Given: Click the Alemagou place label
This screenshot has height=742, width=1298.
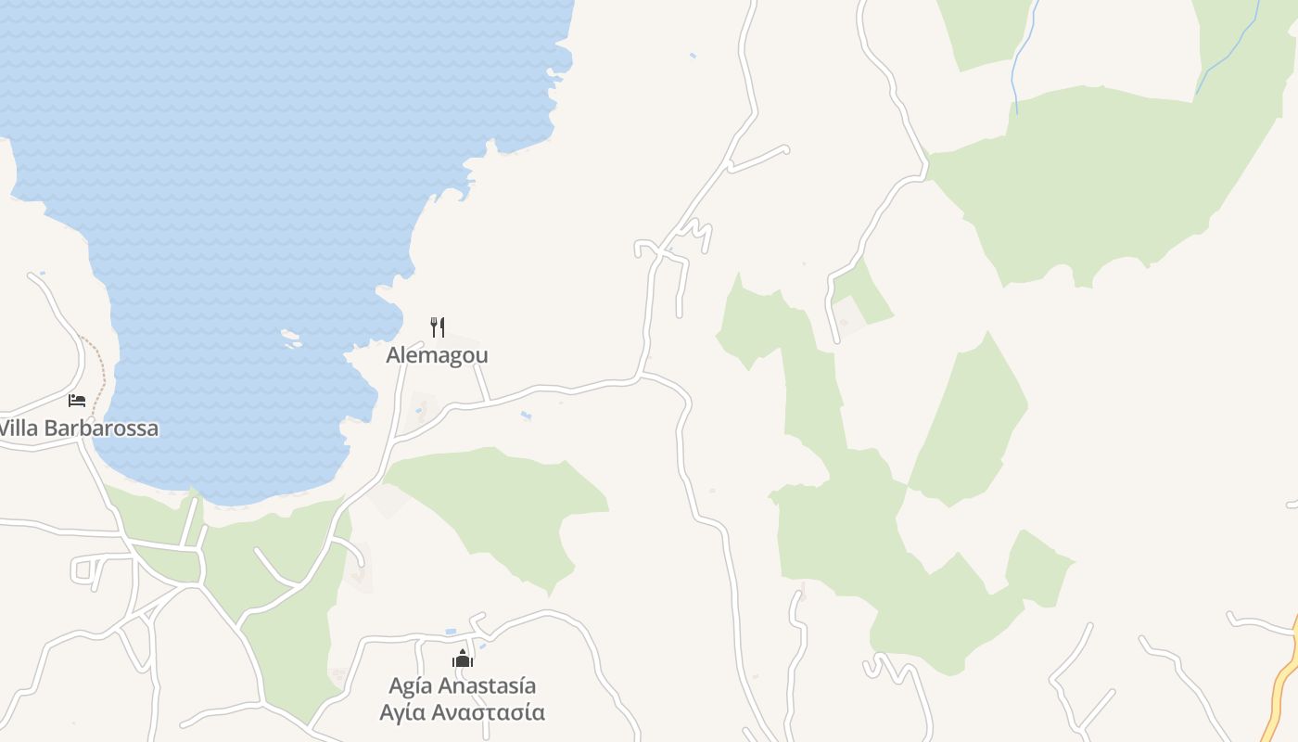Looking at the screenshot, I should (437, 355).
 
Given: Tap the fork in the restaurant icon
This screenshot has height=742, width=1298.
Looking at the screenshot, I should (433, 326).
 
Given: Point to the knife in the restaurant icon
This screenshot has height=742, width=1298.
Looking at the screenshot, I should (442, 326).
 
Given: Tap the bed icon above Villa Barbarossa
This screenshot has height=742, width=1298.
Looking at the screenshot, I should (77, 401).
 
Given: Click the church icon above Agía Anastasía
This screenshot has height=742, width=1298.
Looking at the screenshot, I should (462, 659).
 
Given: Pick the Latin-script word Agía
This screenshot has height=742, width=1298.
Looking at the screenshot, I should (410, 686).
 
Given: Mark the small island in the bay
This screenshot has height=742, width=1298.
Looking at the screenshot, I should (291, 339).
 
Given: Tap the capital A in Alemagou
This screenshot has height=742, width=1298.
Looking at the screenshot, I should (393, 355).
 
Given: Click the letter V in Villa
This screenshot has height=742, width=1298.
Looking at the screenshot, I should (6, 429).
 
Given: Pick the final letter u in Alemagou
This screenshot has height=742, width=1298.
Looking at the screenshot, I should (481, 355).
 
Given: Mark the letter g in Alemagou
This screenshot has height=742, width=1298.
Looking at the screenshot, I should (453, 357).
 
